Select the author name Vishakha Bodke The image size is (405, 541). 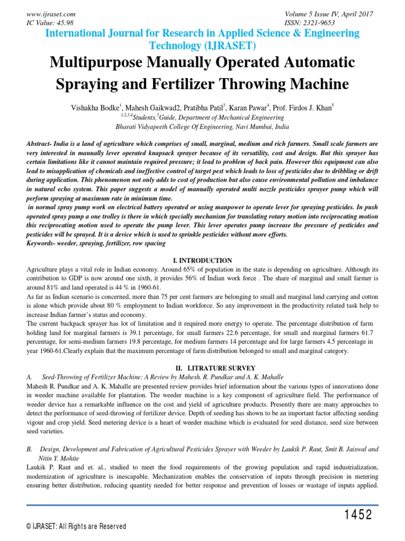click(x=93, y=108)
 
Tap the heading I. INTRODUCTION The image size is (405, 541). click(x=202, y=260)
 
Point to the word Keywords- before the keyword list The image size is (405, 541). click(x=43, y=242)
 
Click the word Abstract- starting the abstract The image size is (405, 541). click(x=42, y=144)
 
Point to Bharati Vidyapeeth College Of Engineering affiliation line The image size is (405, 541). click(x=202, y=127)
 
